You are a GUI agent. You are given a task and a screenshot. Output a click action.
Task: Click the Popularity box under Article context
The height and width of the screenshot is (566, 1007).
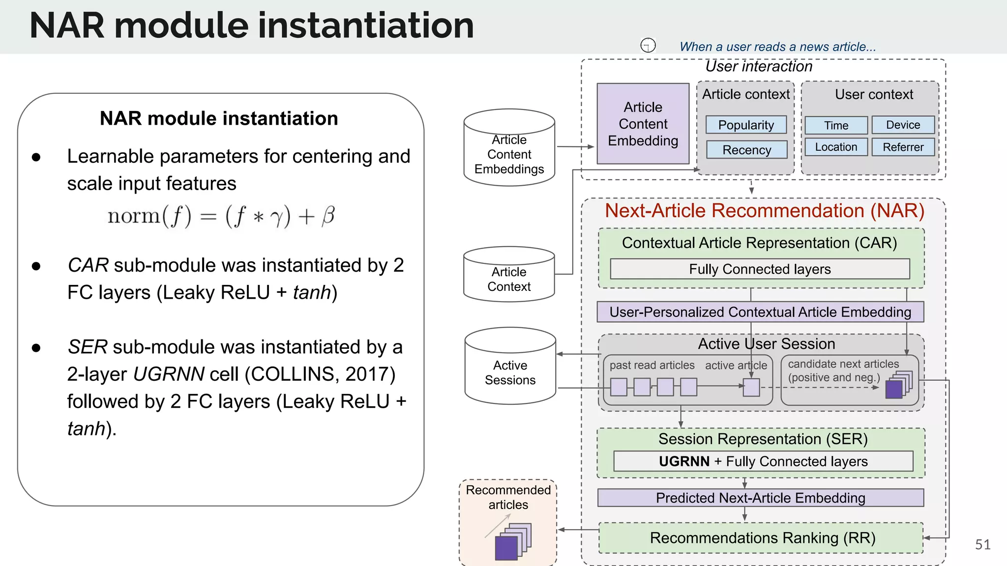point(746,125)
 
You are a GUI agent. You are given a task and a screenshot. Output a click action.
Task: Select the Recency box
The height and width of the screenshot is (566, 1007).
point(746,150)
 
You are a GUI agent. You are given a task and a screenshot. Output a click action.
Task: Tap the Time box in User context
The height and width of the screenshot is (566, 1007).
point(836,125)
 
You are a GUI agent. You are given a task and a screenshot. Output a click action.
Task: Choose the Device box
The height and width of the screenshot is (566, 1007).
point(903,125)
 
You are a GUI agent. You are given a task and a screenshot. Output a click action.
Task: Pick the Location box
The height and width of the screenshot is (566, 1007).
point(836,147)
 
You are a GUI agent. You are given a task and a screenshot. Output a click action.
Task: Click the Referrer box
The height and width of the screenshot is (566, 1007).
point(903,147)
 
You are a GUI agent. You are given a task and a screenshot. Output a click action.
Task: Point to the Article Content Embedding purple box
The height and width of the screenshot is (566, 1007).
point(643,124)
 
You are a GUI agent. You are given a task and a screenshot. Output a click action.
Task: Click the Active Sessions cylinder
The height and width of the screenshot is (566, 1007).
point(510,372)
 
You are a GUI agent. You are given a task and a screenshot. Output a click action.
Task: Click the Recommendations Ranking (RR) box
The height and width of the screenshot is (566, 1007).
point(762,538)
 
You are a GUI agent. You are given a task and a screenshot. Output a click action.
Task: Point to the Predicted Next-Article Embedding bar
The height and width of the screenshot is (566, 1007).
point(760,498)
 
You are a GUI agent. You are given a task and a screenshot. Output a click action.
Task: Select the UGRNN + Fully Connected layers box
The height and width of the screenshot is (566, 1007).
point(763,461)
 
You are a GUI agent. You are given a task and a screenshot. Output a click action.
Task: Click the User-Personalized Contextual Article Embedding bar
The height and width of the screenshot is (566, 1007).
point(760,312)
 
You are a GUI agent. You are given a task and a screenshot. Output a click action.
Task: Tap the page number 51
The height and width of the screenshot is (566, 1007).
point(982,544)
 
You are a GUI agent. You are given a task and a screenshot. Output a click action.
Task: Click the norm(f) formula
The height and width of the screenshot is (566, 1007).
point(221,216)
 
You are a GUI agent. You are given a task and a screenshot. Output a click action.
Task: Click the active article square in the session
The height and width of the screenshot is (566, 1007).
point(751,387)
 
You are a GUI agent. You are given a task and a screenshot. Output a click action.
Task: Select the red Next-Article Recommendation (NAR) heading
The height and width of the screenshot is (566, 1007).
point(764,210)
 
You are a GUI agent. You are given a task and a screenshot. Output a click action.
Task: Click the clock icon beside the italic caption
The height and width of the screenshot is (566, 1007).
point(648,45)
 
